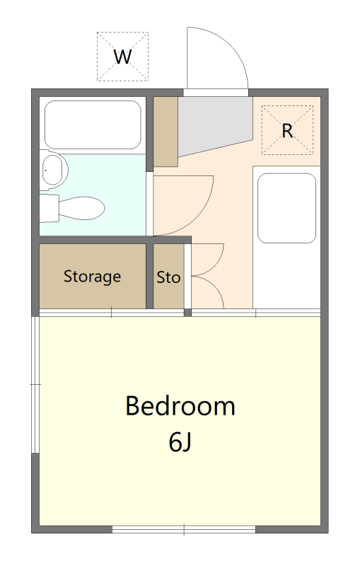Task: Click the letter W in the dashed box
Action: pyautogui.click(x=122, y=57)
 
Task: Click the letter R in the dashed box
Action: pyautogui.click(x=287, y=131)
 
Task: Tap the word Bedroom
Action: pyautogui.click(x=180, y=406)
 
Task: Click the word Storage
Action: pyautogui.click(x=93, y=277)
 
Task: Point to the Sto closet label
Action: pyautogui.click(x=168, y=277)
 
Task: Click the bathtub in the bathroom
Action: pyautogui.click(x=93, y=125)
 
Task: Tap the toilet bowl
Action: pyautogui.click(x=81, y=208)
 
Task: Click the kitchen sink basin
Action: pyautogui.click(x=286, y=208)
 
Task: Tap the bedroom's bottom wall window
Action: pyautogui.click(x=184, y=529)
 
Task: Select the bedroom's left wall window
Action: pyautogui.click(x=35, y=384)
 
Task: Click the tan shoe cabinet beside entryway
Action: pyautogui.click(x=166, y=132)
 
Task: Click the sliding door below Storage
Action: pyautogui.click(x=112, y=313)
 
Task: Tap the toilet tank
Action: pyautogui.click(x=49, y=208)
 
